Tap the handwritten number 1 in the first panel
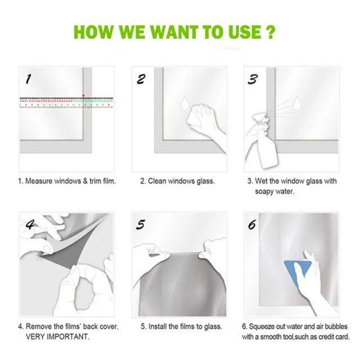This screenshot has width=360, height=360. (x=28, y=79)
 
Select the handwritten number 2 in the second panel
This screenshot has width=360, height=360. (x=141, y=79)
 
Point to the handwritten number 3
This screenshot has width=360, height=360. (x=253, y=79)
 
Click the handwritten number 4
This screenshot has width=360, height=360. (x=30, y=224)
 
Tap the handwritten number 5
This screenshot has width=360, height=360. (x=141, y=224)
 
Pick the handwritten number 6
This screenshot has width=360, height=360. (x=252, y=224)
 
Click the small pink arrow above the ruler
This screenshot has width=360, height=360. (x=84, y=96)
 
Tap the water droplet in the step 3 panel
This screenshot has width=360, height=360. (x=296, y=103)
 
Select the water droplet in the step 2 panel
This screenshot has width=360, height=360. (x=184, y=103)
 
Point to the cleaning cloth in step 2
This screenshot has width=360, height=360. (x=195, y=117)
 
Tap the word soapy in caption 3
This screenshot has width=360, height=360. (x=264, y=192)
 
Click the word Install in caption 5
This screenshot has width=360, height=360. (x=157, y=326)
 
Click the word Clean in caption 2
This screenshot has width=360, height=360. (x=157, y=181)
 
